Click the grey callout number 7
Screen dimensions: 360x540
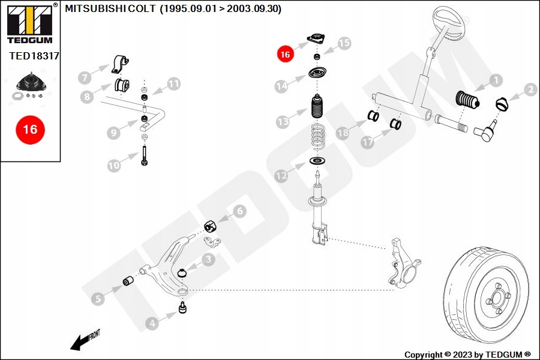[85, 77]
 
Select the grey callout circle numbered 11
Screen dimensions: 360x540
[173, 84]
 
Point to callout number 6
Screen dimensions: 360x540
[239, 211]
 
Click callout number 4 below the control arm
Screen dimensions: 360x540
[152, 324]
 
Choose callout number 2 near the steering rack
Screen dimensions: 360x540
[530, 91]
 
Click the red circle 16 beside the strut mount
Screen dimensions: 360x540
[284, 54]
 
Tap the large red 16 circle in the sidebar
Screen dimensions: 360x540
[30, 129]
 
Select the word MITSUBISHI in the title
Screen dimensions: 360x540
[90, 9]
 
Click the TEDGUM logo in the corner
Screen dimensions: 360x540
[29, 22]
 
